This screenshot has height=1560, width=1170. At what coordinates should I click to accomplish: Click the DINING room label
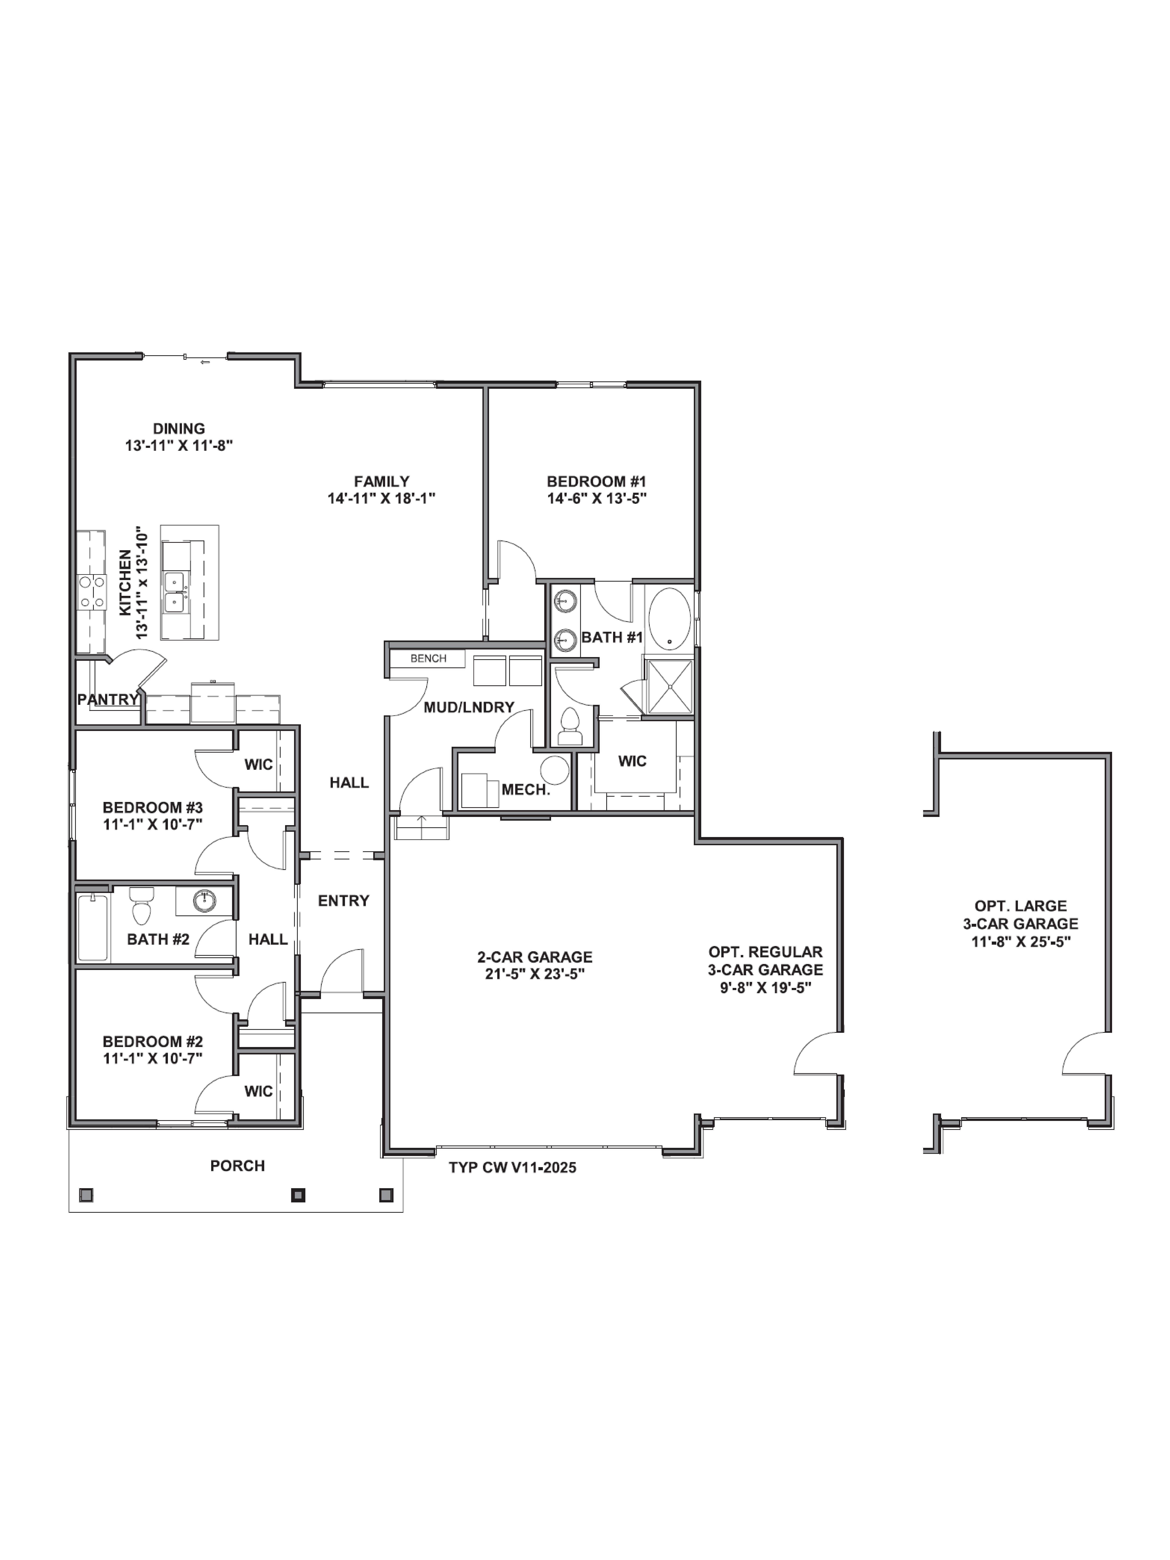click(179, 428)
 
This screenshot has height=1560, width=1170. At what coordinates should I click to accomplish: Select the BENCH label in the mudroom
click(428, 658)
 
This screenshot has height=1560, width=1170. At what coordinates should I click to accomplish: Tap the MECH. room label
click(525, 789)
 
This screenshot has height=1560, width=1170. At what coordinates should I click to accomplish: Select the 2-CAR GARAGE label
click(534, 957)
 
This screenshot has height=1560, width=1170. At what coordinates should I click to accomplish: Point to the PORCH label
click(238, 1166)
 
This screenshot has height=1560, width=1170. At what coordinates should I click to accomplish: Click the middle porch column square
click(298, 1195)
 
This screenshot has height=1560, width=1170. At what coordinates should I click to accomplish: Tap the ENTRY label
click(343, 901)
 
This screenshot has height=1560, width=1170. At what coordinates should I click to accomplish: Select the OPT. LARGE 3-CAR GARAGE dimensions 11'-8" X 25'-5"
click(1020, 942)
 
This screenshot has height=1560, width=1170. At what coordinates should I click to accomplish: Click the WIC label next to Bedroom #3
click(258, 764)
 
